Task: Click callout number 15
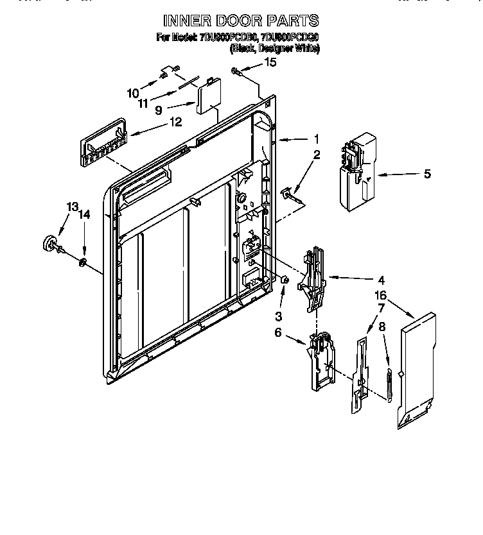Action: pos(270,62)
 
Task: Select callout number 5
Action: pos(426,173)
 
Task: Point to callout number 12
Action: pos(175,121)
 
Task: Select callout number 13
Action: pos(73,207)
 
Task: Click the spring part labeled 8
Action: pos(388,385)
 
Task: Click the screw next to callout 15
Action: pos(237,71)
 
